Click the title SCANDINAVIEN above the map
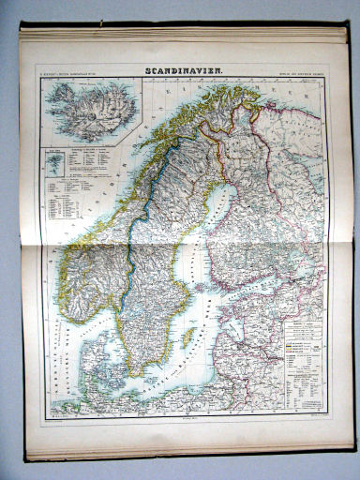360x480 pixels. pos(184,69)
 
